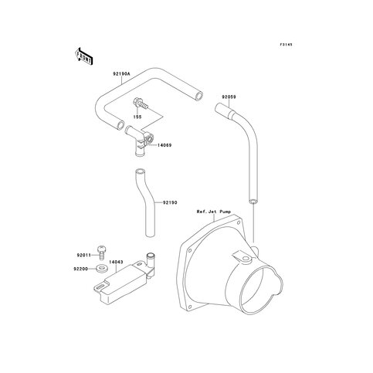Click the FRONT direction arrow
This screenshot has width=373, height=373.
(x=83, y=56)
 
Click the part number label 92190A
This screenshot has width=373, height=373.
(x=121, y=74)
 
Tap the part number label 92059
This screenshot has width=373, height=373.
(x=229, y=97)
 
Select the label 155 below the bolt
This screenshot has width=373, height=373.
(x=137, y=117)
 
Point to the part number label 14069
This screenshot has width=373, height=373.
(x=164, y=145)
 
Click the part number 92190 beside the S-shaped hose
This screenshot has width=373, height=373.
(x=170, y=202)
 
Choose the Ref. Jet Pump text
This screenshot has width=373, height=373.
(x=214, y=212)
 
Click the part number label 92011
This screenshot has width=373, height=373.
(x=84, y=255)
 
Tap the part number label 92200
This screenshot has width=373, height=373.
(x=81, y=269)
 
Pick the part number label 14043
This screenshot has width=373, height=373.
(x=116, y=262)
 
